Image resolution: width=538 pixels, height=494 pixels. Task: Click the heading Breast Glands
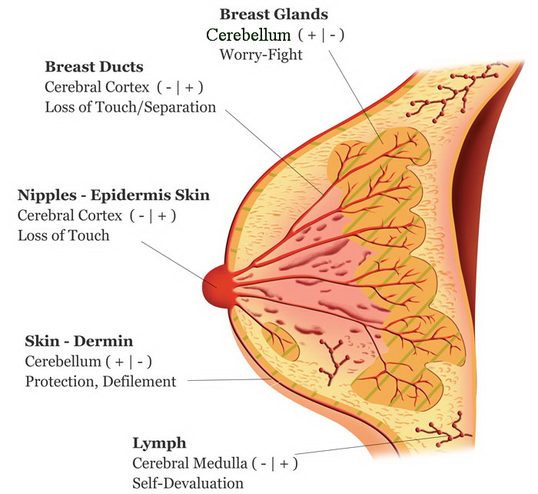coord(274,15)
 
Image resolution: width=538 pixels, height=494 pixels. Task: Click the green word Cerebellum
coord(247,35)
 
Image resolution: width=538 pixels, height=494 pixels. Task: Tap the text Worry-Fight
coord(261,55)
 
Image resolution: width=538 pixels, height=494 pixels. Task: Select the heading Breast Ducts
coord(94,67)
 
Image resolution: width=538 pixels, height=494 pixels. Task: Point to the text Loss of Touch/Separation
coord(130,107)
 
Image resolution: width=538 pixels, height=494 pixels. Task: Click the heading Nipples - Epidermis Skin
coord(113,195)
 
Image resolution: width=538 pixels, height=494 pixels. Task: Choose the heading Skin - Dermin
coord(78,341)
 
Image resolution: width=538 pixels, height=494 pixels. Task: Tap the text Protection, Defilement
coord(101,381)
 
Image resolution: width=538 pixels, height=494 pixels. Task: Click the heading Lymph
coord(160,443)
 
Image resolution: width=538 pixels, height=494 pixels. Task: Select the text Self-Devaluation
coord(188,483)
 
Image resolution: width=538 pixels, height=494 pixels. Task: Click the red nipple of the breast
coord(218,286)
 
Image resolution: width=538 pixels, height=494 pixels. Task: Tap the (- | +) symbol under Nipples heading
coord(155,215)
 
